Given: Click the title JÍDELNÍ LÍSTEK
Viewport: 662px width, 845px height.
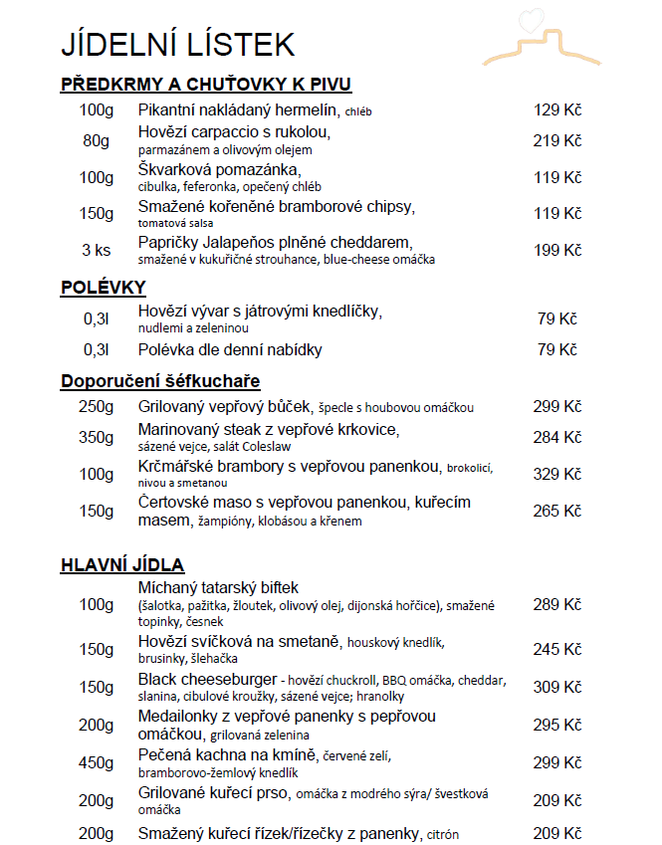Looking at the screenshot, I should (x=178, y=44).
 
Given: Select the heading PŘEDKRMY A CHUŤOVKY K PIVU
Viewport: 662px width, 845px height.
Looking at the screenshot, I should (x=206, y=85).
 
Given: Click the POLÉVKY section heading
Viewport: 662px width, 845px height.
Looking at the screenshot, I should (x=104, y=288).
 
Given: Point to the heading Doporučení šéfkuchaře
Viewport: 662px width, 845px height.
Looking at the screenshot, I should (x=160, y=381).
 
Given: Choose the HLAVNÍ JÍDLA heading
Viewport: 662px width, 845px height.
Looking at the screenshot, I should (x=122, y=565).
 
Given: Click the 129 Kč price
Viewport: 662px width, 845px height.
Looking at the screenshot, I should (x=557, y=109).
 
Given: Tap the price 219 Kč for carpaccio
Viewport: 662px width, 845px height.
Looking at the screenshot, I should (x=557, y=140).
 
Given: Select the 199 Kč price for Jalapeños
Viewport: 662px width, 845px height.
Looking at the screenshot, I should (x=557, y=250).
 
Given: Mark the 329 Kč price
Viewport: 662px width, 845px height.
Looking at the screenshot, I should (x=557, y=474).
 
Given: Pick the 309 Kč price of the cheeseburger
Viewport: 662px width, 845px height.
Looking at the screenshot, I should (x=557, y=687).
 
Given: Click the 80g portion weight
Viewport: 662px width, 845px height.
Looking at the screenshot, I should (x=97, y=140).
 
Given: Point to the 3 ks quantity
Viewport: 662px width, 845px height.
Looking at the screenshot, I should (x=97, y=250).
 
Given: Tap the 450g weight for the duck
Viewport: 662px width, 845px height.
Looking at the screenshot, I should (x=97, y=763).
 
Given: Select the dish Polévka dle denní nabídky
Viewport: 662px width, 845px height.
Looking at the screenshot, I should (x=230, y=349).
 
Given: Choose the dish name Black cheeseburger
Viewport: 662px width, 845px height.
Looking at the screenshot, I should (x=206, y=680).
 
